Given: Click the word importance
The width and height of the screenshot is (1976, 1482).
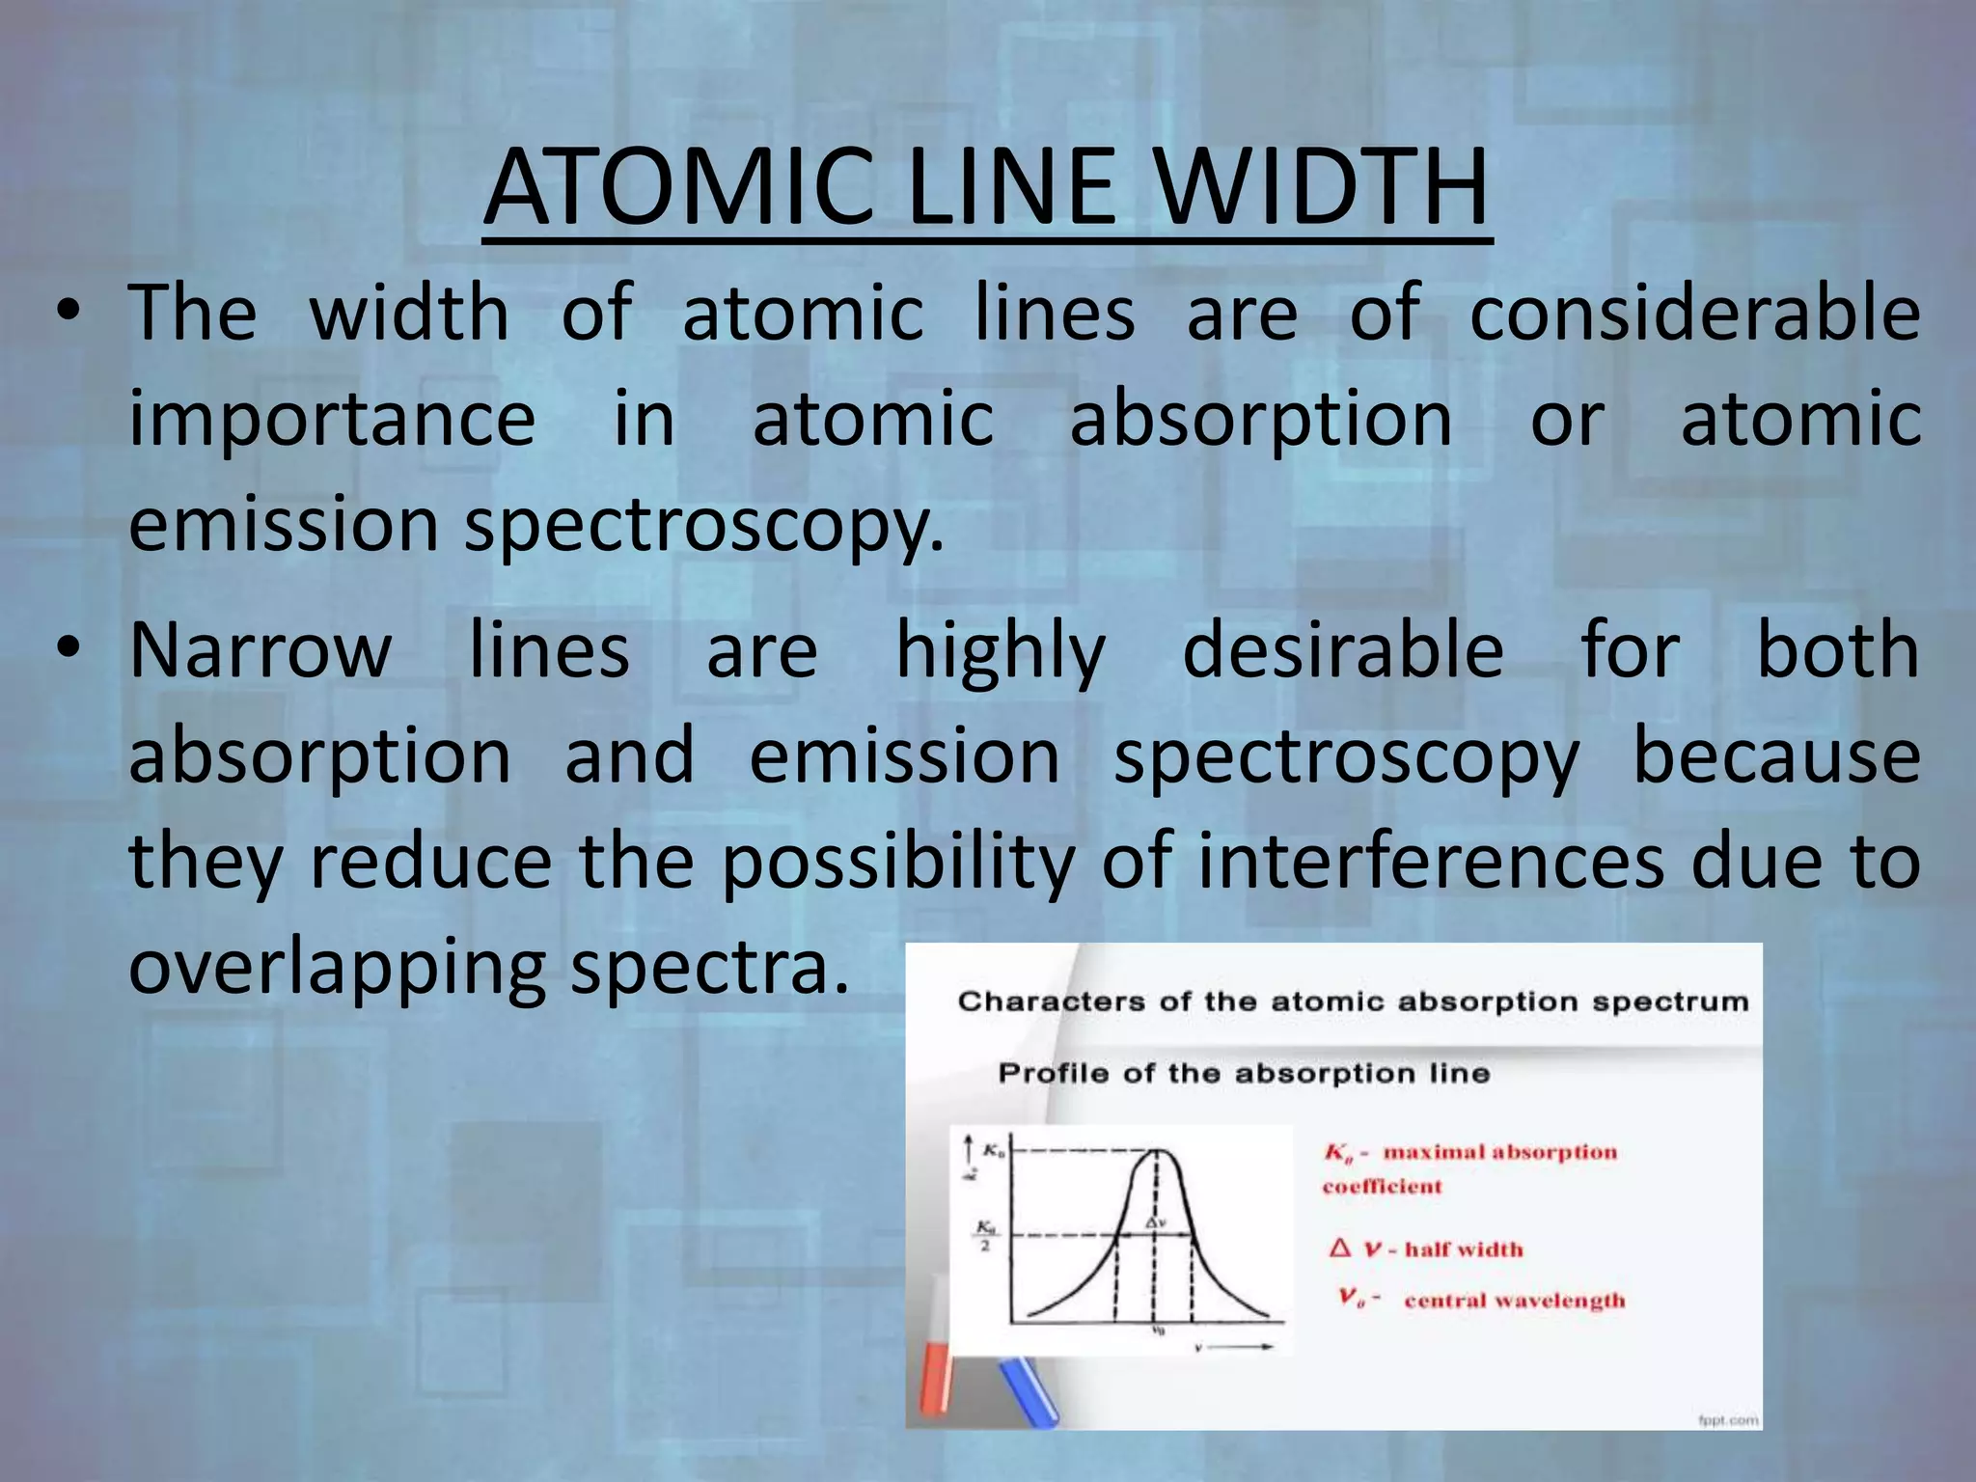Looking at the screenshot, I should [x=332, y=421].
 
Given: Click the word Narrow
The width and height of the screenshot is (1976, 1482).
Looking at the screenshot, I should [x=261, y=650].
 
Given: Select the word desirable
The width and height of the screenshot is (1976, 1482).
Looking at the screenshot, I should [x=1342, y=650].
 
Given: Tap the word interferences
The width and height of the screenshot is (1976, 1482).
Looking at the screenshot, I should [x=1431, y=861].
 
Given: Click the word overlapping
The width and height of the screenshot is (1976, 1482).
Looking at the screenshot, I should [x=337, y=968].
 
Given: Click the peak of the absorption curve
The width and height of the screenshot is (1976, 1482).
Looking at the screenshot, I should [x=1155, y=1151].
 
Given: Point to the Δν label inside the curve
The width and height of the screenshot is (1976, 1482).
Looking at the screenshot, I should [x=1156, y=1222].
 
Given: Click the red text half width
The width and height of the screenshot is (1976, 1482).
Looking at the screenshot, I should [x=1463, y=1249].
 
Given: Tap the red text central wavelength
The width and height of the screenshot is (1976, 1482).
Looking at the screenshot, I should [x=1514, y=1301].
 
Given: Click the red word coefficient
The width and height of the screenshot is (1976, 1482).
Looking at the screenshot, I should [x=1381, y=1187].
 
